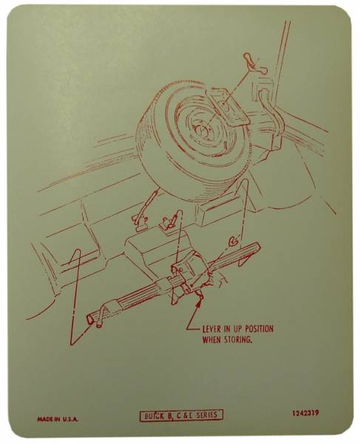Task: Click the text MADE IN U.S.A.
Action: click(58, 419)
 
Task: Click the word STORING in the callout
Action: click(236, 341)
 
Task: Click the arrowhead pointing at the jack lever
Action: click(200, 299)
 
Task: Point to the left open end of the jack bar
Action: click(92, 319)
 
